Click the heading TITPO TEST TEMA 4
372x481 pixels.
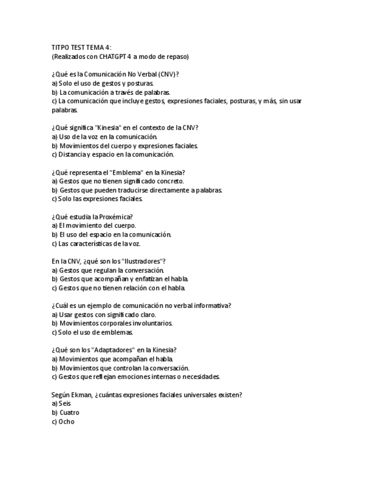click(82, 48)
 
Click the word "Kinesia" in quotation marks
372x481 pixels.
click(111, 128)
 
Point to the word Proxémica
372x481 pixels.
click(117, 216)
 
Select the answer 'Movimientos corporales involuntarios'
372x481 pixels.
click(112, 323)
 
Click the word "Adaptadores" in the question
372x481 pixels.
click(116, 350)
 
